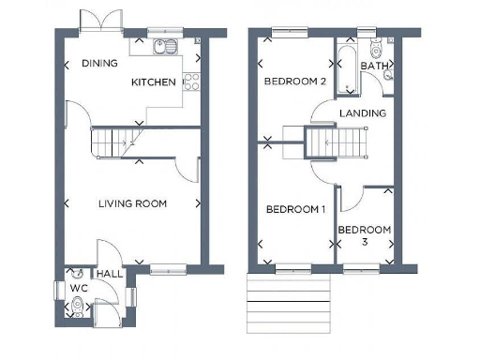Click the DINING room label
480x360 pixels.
coord(99,64)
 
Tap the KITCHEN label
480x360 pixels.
coord(153,82)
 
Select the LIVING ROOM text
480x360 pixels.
coord(133,202)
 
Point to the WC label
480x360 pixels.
coord(73,289)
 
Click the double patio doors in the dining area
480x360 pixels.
coord(99,21)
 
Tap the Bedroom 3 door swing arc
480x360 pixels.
coord(350,199)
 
